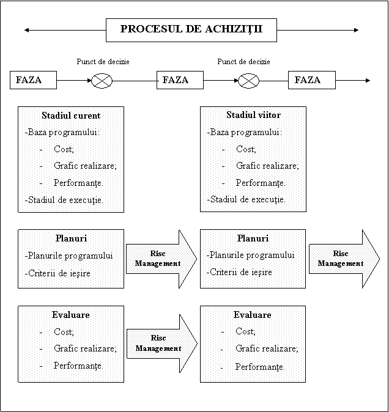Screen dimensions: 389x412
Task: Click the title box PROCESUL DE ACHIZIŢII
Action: point(191,30)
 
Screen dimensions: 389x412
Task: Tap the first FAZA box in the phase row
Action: point(34,80)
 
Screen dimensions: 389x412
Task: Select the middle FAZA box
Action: point(180,80)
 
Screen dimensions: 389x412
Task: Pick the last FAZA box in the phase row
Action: point(312,80)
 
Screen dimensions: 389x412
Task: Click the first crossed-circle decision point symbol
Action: point(102,81)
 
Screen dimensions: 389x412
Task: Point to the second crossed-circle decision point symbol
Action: point(248,81)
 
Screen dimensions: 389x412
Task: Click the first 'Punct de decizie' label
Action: point(103,62)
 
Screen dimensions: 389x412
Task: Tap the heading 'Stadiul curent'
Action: point(71,116)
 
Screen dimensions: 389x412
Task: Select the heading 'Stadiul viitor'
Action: point(253,115)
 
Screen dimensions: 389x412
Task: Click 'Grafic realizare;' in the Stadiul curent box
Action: point(85,166)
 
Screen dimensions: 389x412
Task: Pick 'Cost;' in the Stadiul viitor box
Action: point(246,149)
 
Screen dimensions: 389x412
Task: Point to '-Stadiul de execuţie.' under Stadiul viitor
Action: point(246,199)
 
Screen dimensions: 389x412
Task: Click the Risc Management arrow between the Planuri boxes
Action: point(161,259)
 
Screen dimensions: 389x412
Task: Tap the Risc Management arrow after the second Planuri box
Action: point(344,259)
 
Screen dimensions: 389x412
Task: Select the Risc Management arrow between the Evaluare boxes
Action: point(162,344)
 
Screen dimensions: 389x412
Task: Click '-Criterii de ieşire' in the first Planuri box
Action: point(57,273)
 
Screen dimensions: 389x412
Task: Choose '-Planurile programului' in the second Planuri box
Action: point(251,255)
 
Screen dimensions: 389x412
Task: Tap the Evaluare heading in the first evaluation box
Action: point(71,315)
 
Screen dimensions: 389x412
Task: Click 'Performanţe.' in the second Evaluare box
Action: point(260,367)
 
